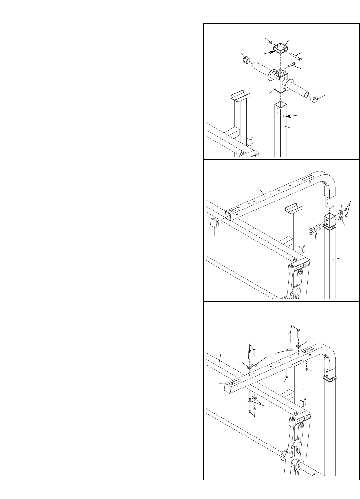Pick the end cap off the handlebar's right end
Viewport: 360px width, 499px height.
click(314, 99)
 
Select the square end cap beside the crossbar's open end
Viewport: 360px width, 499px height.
click(214, 222)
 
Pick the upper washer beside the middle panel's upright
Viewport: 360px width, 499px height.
click(341, 212)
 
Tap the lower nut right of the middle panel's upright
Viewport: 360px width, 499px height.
click(346, 215)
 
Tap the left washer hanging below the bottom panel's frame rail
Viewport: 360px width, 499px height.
click(250, 400)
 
